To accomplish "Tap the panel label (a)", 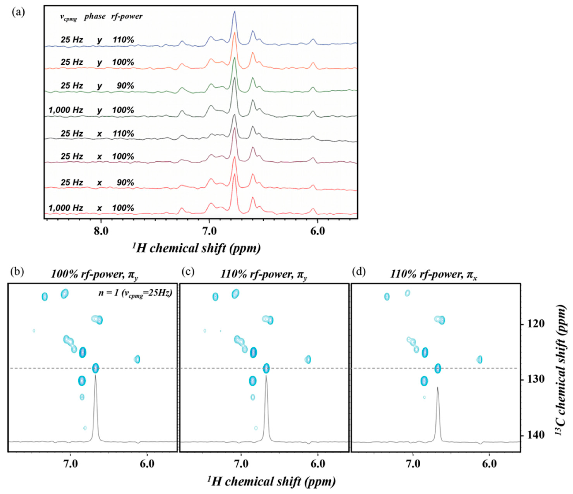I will pos(18,12).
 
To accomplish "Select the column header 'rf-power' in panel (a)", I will pos(127,17).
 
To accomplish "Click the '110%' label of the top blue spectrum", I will pos(123,40).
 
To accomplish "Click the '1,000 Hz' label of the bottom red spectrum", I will pos(66,208).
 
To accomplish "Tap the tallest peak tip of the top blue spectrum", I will pos(234,12).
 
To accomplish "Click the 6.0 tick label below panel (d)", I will pos(489,464).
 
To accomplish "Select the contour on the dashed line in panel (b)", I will pos(95,368).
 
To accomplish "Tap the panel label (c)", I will pos(188,272).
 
